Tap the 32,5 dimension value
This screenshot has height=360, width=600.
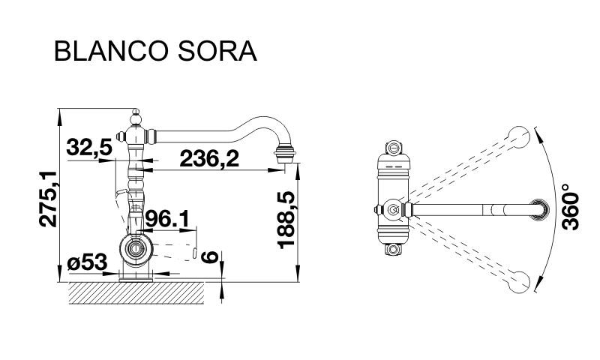click(88, 148)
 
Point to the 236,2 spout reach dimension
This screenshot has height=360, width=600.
click(209, 158)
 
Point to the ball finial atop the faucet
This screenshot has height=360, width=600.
click(136, 116)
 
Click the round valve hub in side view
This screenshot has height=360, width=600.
click(136, 248)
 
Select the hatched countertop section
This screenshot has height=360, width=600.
click(136, 293)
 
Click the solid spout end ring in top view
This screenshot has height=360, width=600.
click(538, 209)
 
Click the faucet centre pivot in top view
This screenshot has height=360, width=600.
click(392, 209)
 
